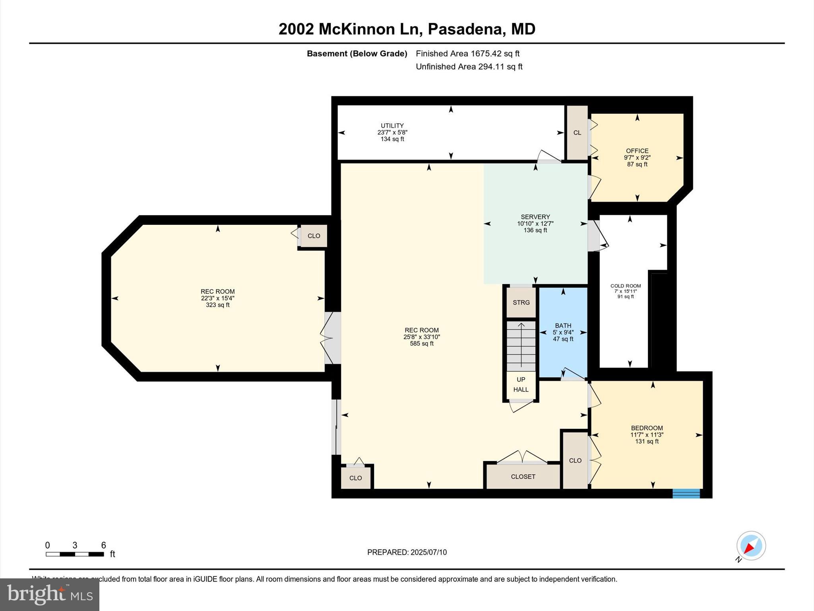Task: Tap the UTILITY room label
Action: pos(392,126)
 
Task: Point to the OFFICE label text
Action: pos(637,151)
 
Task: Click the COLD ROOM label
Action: pos(625,286)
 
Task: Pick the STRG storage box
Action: pos(521,303)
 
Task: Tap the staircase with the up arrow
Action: pos(521,346)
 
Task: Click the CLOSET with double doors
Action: pos(523,477)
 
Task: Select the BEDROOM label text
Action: pos(647,428)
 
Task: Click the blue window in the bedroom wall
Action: pos(686,493)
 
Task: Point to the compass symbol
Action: pos(751,546)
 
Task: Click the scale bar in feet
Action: pos(75,554)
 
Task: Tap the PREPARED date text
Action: pos(407,552)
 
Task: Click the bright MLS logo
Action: pos(50,594)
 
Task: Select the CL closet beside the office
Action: pos(577,133)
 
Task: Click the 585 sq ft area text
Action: pos(421,344)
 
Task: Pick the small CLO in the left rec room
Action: pos(314,236)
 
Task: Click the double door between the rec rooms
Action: pos(332,338)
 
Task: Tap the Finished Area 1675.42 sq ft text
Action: pos(467,54)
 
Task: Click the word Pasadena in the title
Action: pos(464,29)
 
